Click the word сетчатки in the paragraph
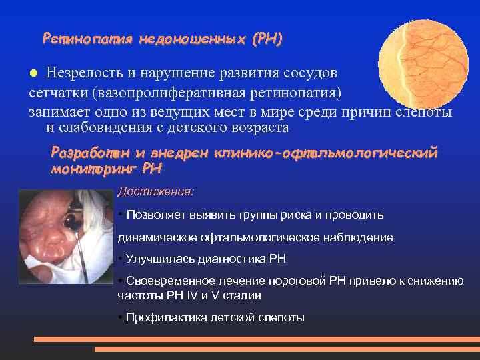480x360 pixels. click(57, 91)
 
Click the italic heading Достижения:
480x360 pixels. click(155, 191)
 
